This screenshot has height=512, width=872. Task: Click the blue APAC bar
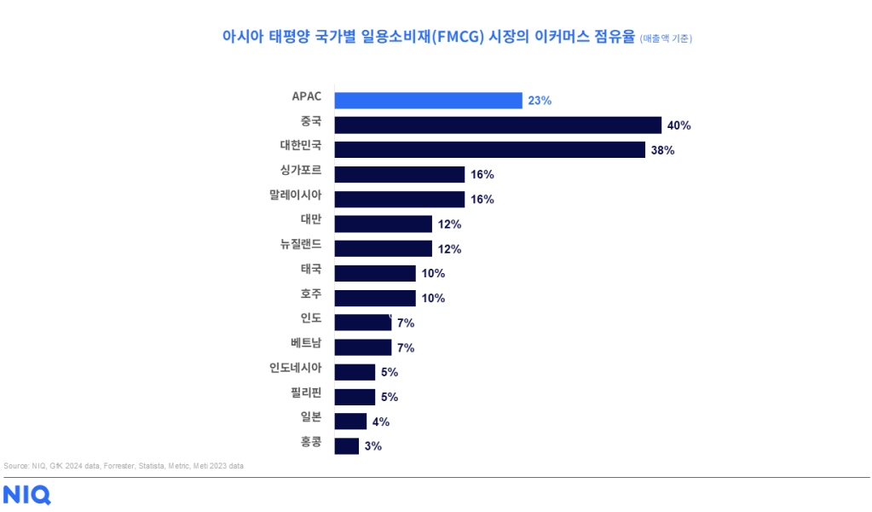pos(428,101)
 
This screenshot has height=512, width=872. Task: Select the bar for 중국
pos(498,125)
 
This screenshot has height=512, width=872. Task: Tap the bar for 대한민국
pos(489,150)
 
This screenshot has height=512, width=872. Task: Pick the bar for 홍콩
pos(347,445)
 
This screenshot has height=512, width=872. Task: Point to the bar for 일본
pos(350,421)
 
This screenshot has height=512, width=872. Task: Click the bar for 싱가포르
pos(399,175)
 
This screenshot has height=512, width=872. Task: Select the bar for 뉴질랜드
pos(383,248)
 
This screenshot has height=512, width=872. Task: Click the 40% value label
pos(679,125)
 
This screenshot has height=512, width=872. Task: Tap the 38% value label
pos(662,150)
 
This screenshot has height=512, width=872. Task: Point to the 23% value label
pos(540,101)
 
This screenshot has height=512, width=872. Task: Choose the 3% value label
pos(372,445)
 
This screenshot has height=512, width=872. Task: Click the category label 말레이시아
pos(295,195)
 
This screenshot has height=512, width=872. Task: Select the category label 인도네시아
pos(295,368)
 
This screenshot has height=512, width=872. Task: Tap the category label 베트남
pos(306,343)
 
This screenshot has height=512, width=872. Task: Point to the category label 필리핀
pos(306,393)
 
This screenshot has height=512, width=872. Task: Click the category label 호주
pos(311,294)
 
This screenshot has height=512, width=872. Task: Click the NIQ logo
pos(26,495)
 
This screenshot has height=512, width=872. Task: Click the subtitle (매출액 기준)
pos(666,38)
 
